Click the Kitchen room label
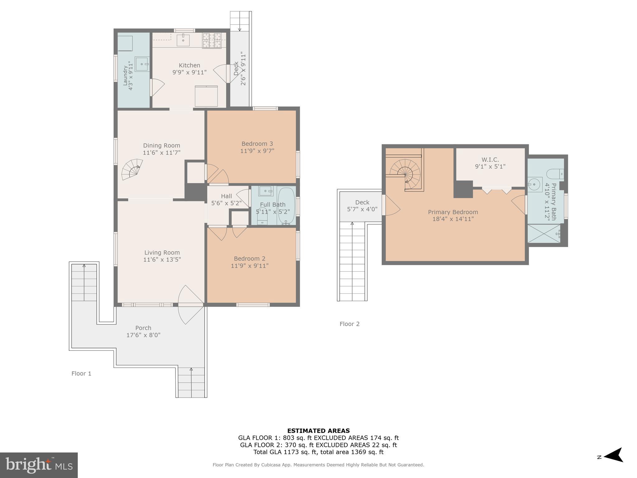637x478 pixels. (x=189, y=65)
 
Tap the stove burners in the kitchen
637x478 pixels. (x=212, y=40)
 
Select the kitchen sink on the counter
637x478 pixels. (x=183, y=40)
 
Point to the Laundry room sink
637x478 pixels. (x=142, y=64)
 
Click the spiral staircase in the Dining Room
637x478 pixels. (x=132, y=170)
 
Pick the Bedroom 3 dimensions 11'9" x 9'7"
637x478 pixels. (x=257, y=151)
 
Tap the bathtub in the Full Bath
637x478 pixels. (x=286, y=205)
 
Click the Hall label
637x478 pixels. (x=226, y=196)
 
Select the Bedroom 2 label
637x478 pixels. (x=249, y=259)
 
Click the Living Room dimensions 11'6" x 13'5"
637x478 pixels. (x=162, y=260)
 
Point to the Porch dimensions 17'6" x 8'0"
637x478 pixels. (x=143, y=335)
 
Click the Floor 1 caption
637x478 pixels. (x=81, y=373)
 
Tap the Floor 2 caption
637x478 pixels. (x=349, y=324)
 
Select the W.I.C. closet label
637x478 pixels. (x=490, y=160)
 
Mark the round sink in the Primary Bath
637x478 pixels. (x=535, y=185)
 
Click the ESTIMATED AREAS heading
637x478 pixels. (x=318, y=431)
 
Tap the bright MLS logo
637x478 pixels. (x=39, y=465)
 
